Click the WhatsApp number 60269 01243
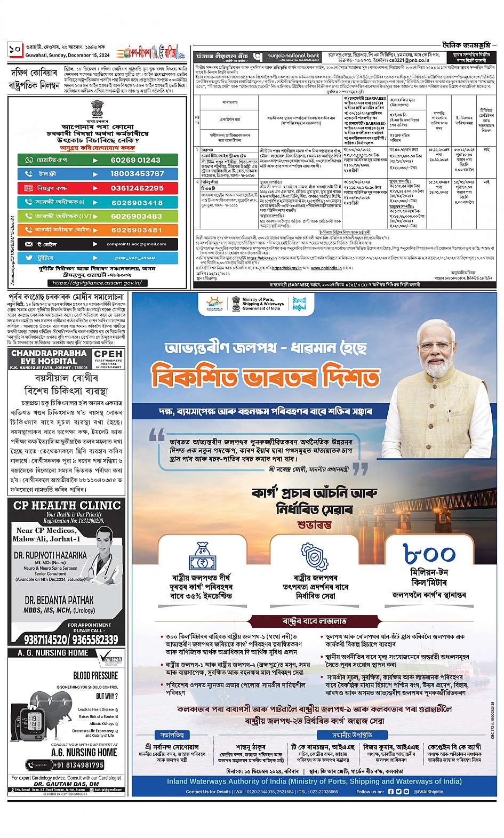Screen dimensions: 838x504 click(135, 160)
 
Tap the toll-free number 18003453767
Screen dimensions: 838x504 click(138, 174)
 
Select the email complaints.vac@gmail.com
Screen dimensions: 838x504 click(136, 244)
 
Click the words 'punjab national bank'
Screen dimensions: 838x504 click(291, 55)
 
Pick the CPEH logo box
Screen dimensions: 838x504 click(108, 358)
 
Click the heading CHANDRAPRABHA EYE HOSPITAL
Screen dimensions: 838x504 click(49, 357)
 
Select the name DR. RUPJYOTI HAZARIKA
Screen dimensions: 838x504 click(51, 555)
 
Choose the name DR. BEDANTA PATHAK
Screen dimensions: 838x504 click(51, 600)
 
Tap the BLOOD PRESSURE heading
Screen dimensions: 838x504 click(95, 676)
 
